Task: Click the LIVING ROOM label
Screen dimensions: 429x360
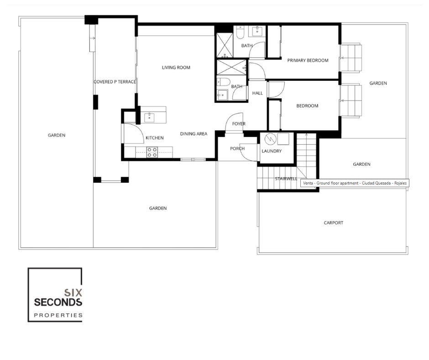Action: [176, 68]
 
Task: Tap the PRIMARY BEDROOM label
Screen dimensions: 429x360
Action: [308, 60]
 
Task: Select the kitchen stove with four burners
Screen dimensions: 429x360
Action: [152, 152]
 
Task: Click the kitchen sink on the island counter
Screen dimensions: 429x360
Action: [149, 117]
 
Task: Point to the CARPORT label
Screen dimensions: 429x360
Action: [333, 223]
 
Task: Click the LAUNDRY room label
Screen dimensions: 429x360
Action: [272, 151]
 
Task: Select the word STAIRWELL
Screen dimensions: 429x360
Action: [286, 179]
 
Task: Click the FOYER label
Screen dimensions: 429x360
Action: [239, 124]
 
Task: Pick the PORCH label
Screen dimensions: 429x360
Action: [237, 148]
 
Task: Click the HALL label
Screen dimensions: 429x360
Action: [257, 93]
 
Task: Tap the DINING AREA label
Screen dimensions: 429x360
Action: [194, 134]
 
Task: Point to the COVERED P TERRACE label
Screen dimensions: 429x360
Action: [115, 82]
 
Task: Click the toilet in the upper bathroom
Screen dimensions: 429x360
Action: [240, 32]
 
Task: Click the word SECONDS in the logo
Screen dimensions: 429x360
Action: [58, 302]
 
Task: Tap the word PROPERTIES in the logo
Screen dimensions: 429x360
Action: [58, 315]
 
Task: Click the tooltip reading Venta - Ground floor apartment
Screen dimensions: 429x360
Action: [355, 183]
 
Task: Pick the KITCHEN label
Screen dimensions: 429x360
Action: [155, 138]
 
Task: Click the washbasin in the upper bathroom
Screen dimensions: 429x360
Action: [257, 31]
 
